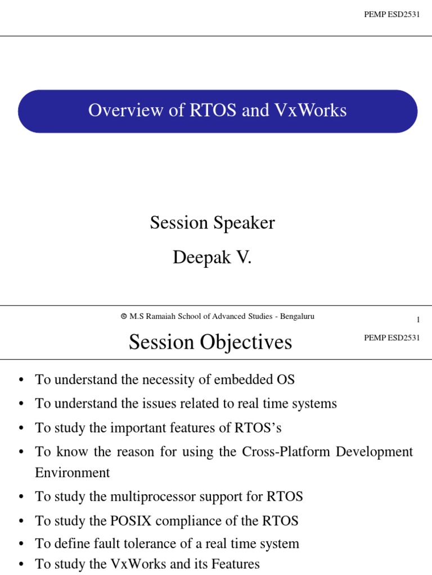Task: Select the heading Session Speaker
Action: pos(212,223)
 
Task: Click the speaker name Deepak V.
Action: pos(212,258)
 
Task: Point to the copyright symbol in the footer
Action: pos(124,317)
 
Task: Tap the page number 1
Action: pos(418,320)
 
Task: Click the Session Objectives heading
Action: pos(210,342)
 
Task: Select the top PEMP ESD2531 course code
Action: pos(392,14)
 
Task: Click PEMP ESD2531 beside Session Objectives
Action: pos(392,337)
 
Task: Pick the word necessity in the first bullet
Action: pos(172,380)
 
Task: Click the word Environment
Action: pos(73,472)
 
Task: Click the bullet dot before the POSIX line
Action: pos(21,521)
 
